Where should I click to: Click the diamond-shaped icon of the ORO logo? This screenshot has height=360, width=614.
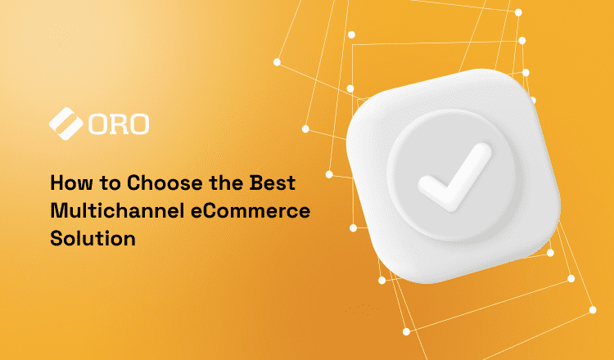point(65,124)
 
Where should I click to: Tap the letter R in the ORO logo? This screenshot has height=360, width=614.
point(118,124)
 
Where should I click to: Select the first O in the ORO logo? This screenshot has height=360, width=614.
point(98,124)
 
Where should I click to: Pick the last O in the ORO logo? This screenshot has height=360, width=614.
point(138,124)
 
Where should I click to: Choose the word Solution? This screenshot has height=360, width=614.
point(92,239)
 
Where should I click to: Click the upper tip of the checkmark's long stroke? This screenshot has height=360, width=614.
point(485,151)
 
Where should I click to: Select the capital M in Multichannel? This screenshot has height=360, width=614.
point(57,210)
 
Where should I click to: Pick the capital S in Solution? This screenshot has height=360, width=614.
point(56,239)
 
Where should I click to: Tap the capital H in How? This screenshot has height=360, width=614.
point(56,182)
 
